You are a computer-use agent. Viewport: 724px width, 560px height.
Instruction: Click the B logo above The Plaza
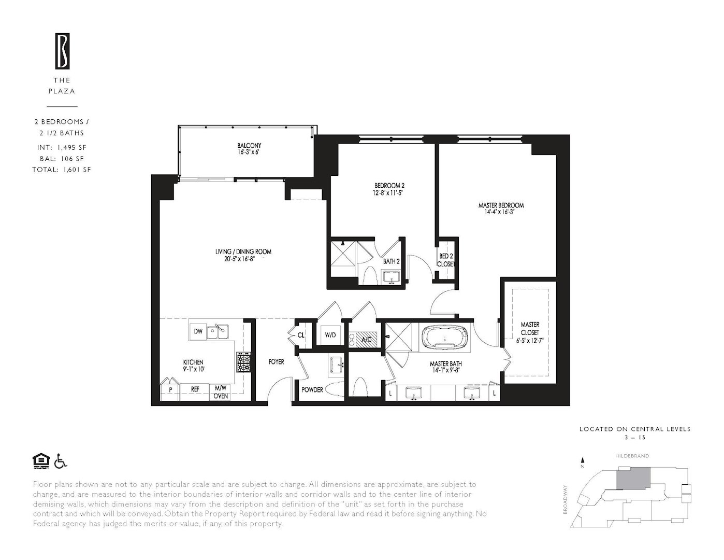[63, 51]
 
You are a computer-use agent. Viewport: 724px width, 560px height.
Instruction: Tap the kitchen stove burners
[243, 362]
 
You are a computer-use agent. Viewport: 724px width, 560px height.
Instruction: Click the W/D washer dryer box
[330, 335]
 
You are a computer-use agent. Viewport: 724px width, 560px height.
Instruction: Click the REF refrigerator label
[195, 389]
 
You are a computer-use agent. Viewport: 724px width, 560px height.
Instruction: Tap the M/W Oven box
[221, 392]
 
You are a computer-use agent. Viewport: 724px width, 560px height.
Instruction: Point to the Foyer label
[276, 362]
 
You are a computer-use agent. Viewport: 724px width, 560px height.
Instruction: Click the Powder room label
[312, 390]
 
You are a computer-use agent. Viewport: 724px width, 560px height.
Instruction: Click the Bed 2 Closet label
[446, 260]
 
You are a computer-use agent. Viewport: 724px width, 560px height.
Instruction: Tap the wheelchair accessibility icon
[61, 460]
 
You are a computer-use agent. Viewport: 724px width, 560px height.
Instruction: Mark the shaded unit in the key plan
[633, 478]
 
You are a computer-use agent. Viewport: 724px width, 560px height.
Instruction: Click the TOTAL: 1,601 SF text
[61, 170]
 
